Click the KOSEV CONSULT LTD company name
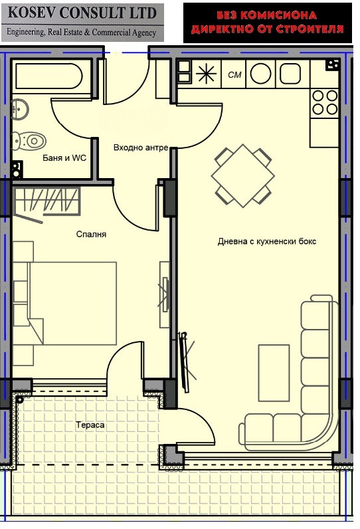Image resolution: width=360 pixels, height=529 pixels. [x=82, y=13]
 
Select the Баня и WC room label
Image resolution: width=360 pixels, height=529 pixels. [x=64, y=158]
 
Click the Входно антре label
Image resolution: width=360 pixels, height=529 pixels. [x=140, y=148]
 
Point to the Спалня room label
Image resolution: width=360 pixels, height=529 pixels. [x=91, y=234]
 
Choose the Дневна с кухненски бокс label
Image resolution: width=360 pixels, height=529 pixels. [x=267, y=241]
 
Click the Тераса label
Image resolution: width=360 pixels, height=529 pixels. [x=90, y=424]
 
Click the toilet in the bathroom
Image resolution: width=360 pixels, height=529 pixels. [x=31, y=140]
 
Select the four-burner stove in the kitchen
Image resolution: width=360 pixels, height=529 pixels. [x=325, y=102]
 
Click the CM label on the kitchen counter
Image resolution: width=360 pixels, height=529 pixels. [x=234, y=74]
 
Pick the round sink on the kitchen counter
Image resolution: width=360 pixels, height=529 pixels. [x=260, y=74]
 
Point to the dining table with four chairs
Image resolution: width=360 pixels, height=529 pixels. [x=242, y=176]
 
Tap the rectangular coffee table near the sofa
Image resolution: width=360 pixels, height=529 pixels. [x=274, y=372]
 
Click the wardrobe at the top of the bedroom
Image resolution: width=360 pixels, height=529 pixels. [x=46, y=201]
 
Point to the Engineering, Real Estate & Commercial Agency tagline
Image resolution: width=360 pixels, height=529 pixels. [x=82, y=32]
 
